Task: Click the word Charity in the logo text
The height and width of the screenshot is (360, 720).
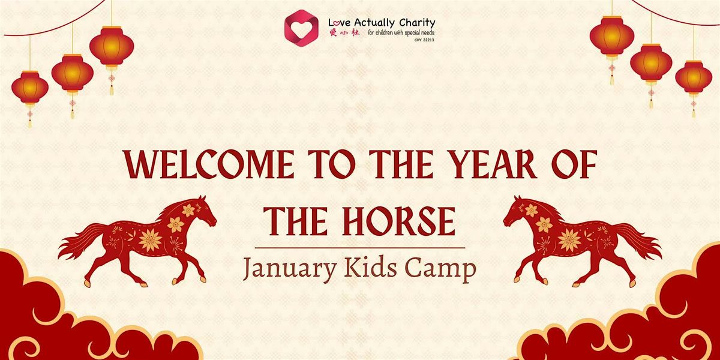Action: (417, 23)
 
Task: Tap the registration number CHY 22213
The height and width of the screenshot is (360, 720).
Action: (424, 40)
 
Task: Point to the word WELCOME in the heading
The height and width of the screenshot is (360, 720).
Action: (209, 164)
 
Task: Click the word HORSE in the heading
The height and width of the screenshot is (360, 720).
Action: (398, 222)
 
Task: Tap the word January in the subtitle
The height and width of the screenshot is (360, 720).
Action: (289, 268)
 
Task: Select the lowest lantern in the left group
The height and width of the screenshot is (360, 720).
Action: (30, 88)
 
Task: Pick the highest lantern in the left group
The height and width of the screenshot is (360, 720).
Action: (112, 46)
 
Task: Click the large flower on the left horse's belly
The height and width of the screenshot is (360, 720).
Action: (150, 241)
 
